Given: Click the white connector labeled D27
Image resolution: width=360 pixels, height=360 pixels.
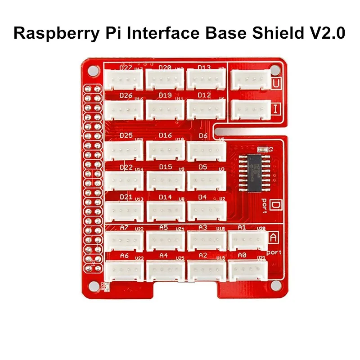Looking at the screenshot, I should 124,80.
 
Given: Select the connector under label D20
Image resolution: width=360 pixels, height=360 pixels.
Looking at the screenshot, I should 165,80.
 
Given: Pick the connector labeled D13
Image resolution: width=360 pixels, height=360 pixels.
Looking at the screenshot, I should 206,80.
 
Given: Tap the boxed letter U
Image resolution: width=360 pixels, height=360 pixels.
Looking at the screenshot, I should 277,83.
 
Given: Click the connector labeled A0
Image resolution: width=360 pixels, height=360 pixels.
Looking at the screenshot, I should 247,270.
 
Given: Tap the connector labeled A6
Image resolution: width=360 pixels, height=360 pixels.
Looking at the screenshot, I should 125,270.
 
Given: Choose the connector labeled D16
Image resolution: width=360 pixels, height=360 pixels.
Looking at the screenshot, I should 165,150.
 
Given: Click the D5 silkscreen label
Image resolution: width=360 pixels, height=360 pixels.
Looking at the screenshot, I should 202,167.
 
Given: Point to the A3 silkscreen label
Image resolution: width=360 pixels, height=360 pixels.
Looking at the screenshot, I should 202,228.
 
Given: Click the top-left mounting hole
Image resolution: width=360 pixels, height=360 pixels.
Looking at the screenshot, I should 92,71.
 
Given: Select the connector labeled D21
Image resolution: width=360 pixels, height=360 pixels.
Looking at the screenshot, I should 125,211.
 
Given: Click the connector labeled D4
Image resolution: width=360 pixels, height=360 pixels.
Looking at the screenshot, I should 207,210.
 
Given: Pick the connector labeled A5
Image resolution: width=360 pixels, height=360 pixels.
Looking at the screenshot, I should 165,240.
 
